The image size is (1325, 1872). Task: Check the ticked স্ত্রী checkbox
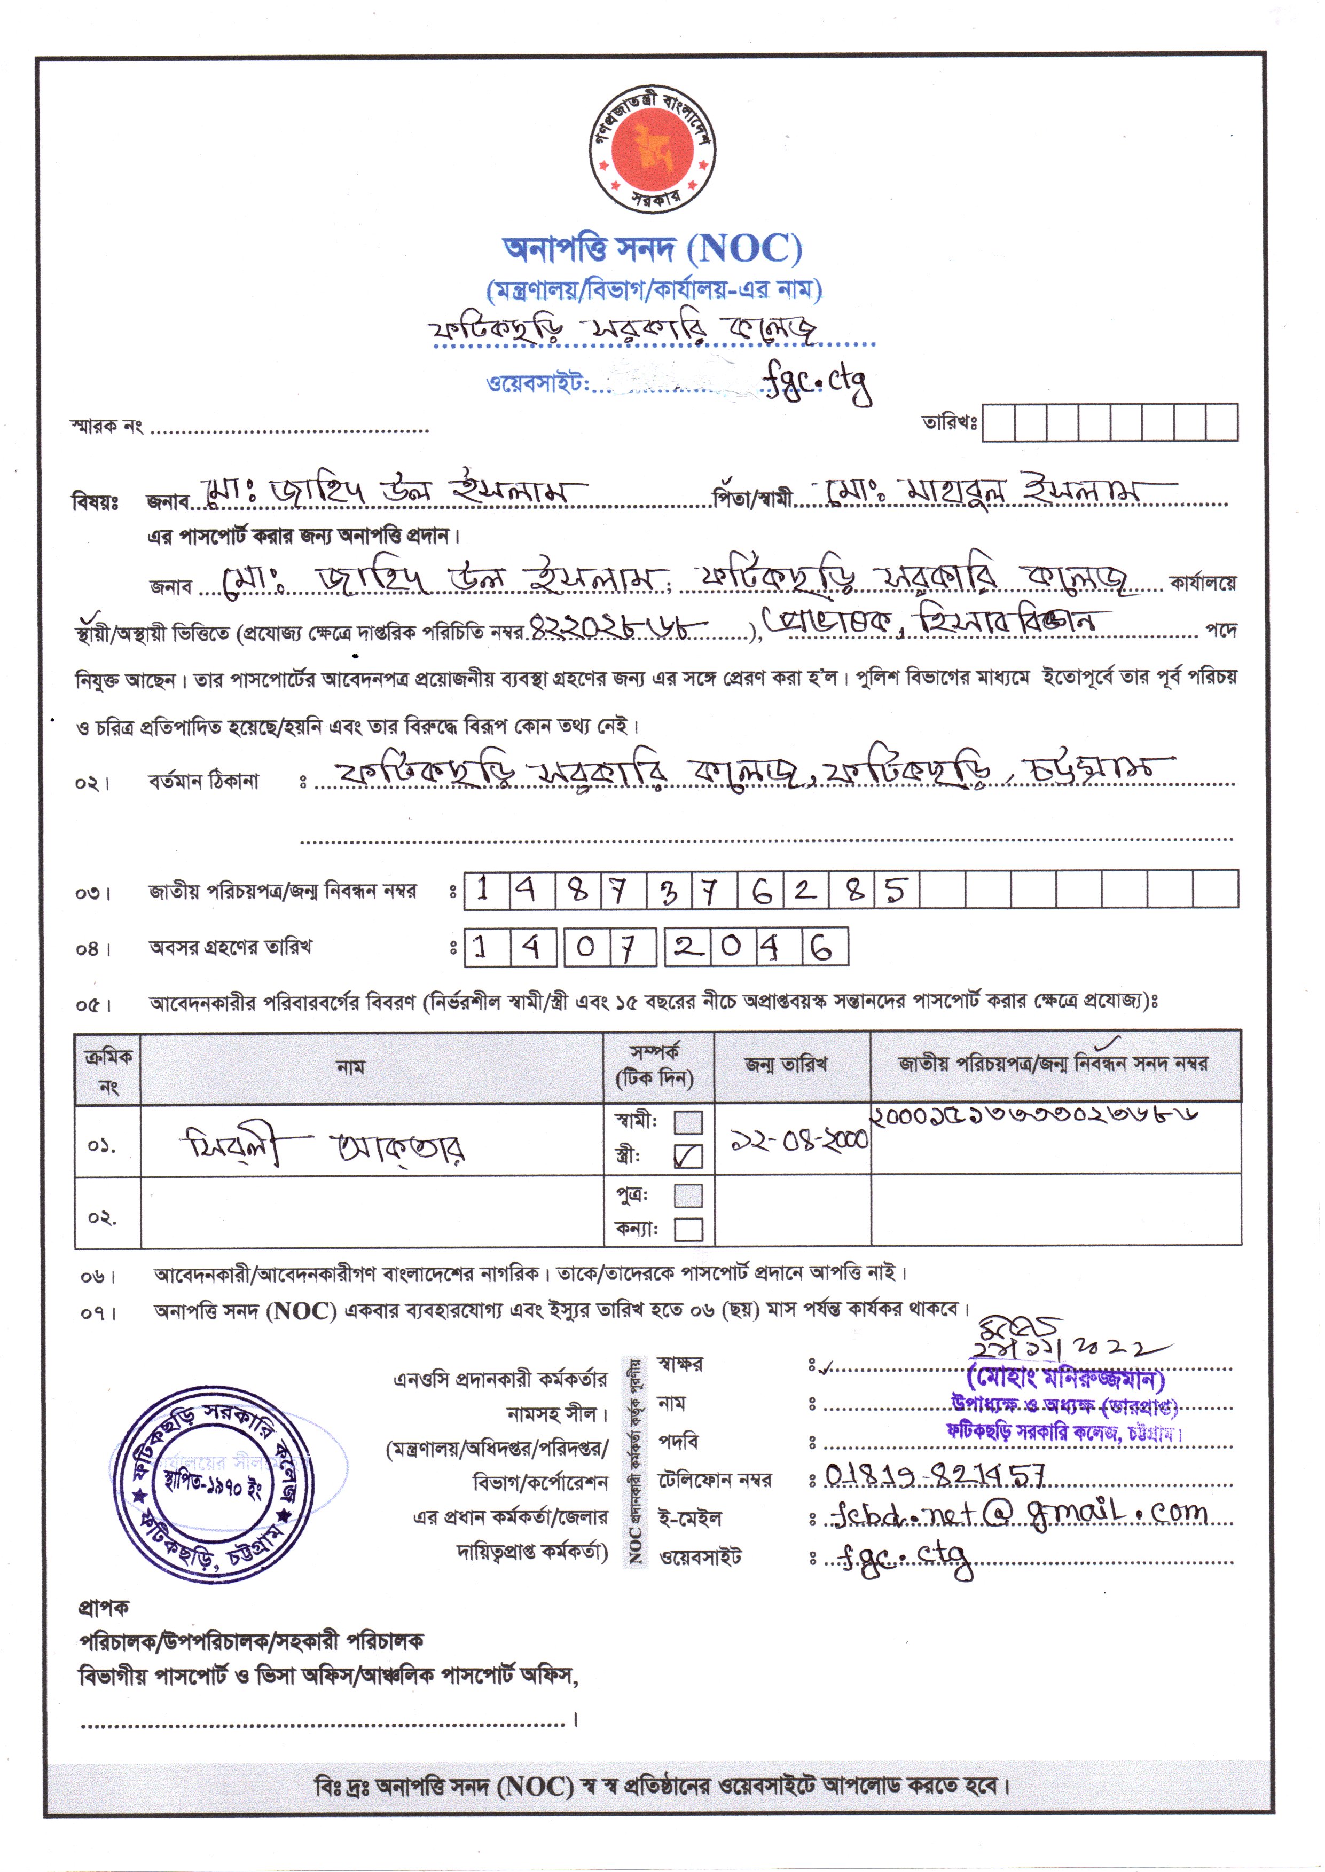click(x=688, y=1156)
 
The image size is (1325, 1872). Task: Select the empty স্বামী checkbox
click(x=688, y=1122)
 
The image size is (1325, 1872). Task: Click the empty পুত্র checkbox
click(x=688, y=1195)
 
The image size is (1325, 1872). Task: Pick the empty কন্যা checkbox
click(x=688, y=1229)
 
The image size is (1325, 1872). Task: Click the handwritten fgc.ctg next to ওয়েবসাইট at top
click(x=817, y=382)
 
